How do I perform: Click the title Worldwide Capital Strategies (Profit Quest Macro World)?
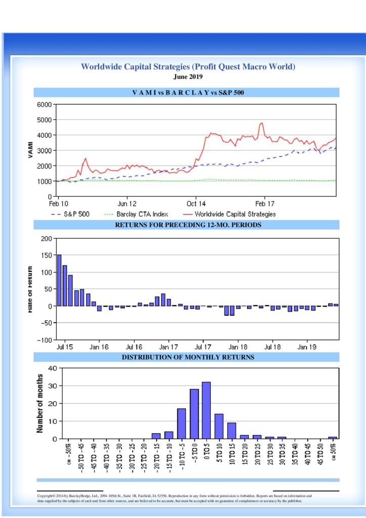click(x=188, y=67)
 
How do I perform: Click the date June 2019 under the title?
click(x=188, y=77)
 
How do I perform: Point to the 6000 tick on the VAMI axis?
click(x=44, y=105)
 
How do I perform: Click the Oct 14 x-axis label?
click(x=195, y=203)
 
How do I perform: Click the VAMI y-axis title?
click(x=30, y=150)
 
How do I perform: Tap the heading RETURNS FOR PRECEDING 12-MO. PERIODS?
click(x=188, y=225)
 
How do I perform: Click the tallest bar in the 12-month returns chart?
click(x=59, y=280)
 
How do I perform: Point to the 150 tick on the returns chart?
click(x=47, y=255)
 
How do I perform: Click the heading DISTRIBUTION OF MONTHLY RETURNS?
click(x=188, y=357)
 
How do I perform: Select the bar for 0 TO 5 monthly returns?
click(x=206, y=410)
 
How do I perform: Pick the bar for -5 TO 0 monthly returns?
click(x=194, y=414)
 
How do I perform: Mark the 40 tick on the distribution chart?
click(x=52, y=368)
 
